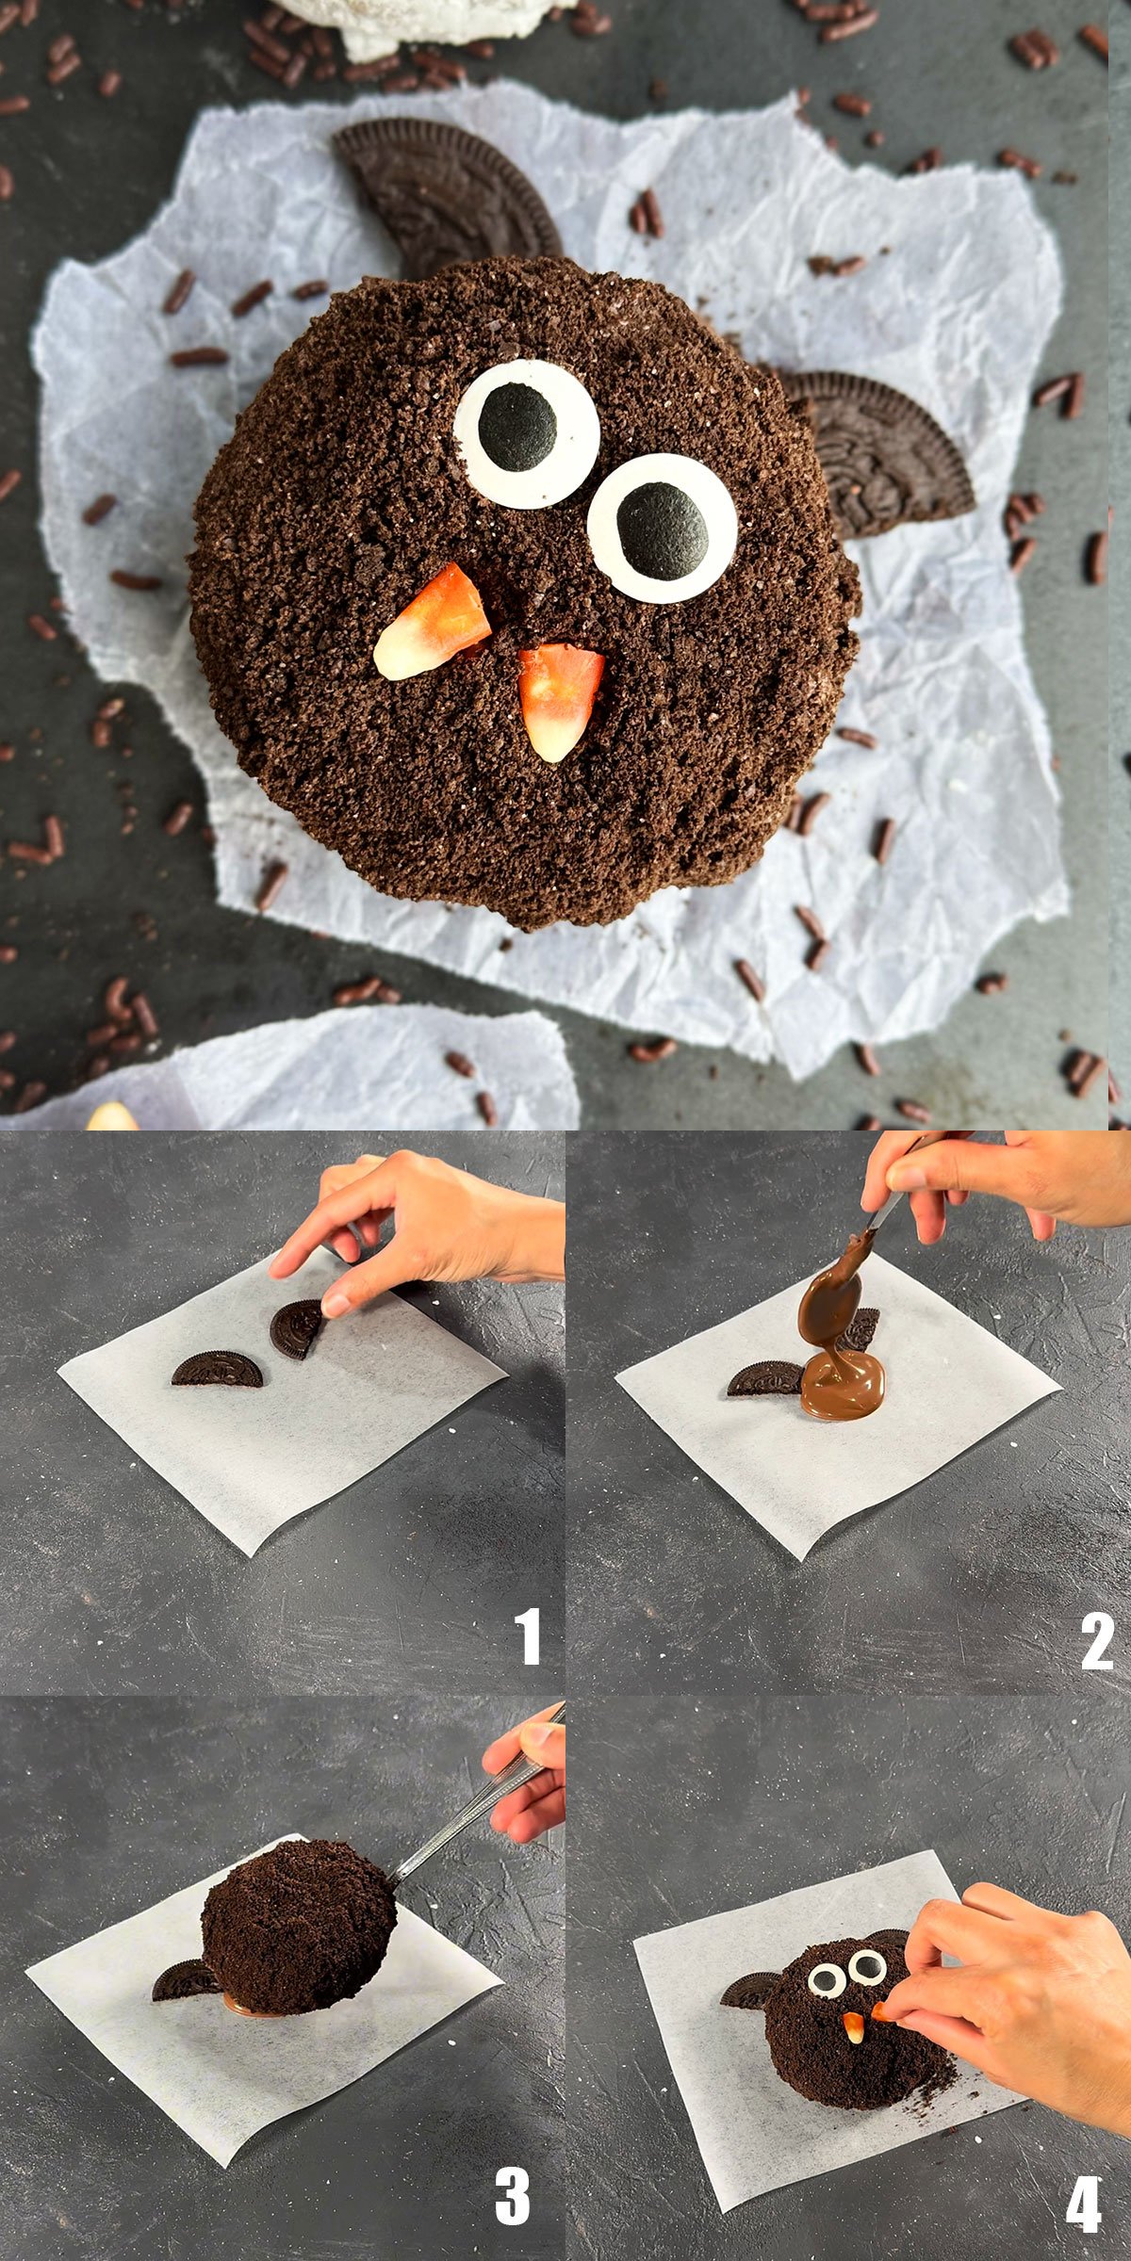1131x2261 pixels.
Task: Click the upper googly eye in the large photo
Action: click(x=527, y=433)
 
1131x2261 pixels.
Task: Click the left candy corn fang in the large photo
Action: click(x=434, y=623)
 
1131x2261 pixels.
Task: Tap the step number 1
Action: click(x=528, y=1637)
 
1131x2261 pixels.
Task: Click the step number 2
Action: click(x=1097, y=1640)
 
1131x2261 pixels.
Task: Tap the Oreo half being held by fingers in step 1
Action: click(x=297, y=1328)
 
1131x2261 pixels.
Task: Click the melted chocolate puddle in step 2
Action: click(x=844, y=1383)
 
